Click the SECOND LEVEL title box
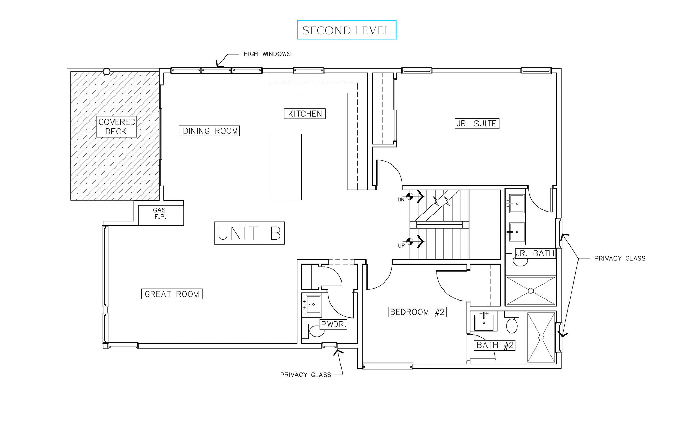tap(346, 30)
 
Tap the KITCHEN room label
tap(304, 114)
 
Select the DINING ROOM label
tap(209, 131)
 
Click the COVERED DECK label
tap(116, 127)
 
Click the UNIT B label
tap(249, 233)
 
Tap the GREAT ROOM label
tap(172, 294)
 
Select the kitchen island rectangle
tap(286, 167)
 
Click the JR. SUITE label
tap(476, 124)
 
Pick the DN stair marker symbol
tap(409, 197)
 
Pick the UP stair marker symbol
tap(409, 242)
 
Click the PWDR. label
tap(333, 325)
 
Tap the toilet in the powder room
tap(316, 331)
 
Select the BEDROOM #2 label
tap(417, 312)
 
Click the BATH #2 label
tap(494, 345)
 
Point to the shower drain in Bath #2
tap(541, 338)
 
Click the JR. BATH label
tap(535, 253)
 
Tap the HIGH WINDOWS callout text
tap(267, 54)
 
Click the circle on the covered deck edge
tap(107, 72)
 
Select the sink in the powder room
tap(313, 304)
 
